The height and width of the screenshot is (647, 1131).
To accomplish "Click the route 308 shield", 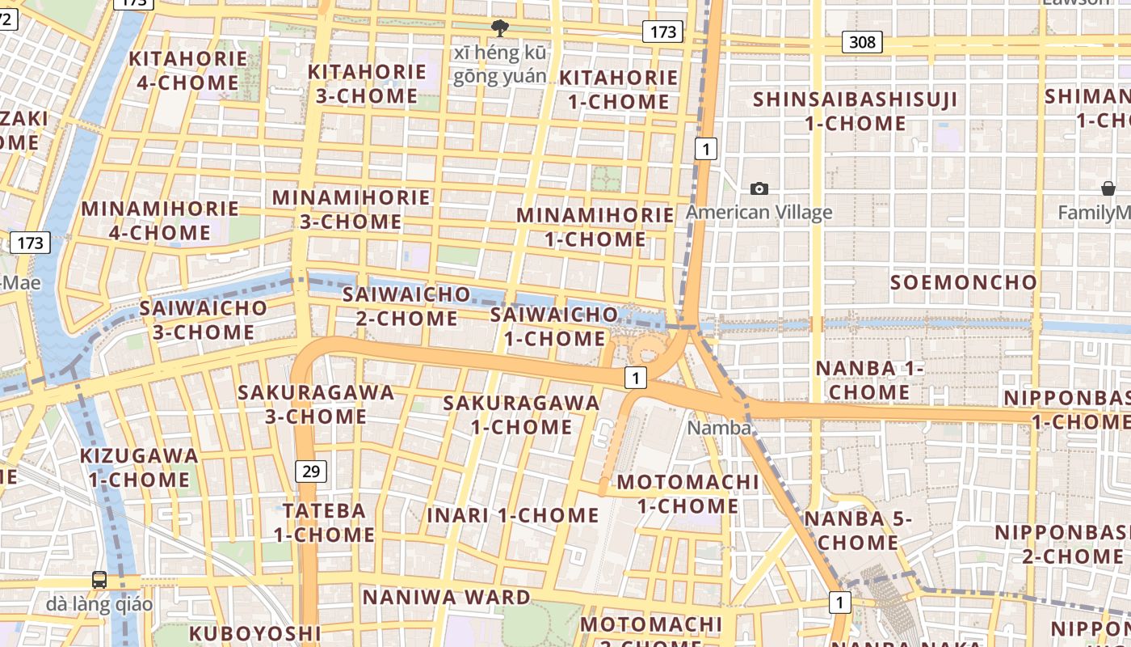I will click(x=862, y=41).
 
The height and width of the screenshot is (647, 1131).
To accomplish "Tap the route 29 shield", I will click(x=310, y=471).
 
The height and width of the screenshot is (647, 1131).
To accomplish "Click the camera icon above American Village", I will click(x=759, y=188).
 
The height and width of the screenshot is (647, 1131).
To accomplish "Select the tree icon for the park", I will click(x=500, y=29).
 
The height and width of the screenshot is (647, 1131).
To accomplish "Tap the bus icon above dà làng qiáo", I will click(x=99, y=579).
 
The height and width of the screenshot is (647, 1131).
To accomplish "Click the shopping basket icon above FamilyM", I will click(x=1108, y=188).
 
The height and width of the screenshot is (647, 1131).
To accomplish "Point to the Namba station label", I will click(x=719, y=428).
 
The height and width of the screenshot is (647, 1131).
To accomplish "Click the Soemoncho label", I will click(x=963, y=282).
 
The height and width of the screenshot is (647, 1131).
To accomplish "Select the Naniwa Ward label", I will click(x=446, y=598).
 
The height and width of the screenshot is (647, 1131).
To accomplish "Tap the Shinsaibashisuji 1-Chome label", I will click(x=856, y=112).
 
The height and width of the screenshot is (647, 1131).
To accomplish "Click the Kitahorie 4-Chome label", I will click(x=188, y=70).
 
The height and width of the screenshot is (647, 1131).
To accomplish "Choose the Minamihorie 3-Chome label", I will click(x=351, y=209).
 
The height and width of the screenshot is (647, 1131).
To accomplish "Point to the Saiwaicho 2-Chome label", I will click(x=406, y=306).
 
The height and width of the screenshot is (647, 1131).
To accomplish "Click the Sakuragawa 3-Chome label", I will click(x=316, y=404).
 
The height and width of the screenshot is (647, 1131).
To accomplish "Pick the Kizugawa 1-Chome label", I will click(x=139, y=467).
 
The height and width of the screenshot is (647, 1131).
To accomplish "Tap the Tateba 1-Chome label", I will click(x=324, y=522).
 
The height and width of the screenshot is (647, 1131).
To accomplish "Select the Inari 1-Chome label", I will click(x=513, y=515).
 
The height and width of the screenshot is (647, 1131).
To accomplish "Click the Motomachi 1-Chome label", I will click(x=687, y=494).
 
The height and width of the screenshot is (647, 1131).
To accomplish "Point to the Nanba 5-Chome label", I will click(x=857, y=531).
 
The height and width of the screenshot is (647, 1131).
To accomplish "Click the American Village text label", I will click(x=759, y=213).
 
